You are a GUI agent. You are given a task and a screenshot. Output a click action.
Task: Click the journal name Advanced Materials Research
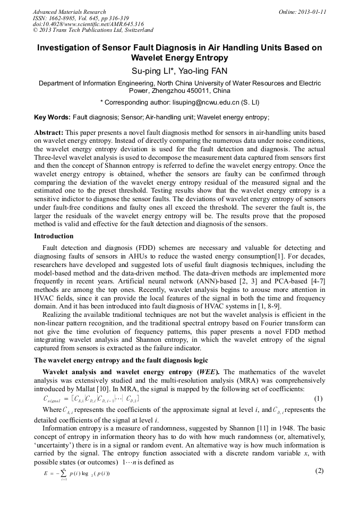(x=69, y=12)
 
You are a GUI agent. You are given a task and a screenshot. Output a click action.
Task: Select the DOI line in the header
(x=88, y=24)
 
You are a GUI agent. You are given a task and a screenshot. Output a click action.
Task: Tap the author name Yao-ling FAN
(x=202, y=71)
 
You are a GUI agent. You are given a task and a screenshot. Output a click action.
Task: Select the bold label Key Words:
(x=52, y=117)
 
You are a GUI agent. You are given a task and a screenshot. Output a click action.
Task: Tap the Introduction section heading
(x=54, y=236)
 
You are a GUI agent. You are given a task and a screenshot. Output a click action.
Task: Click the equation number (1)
(x=319, y=398)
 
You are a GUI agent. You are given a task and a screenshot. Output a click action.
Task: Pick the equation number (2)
(x=319, y=471)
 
